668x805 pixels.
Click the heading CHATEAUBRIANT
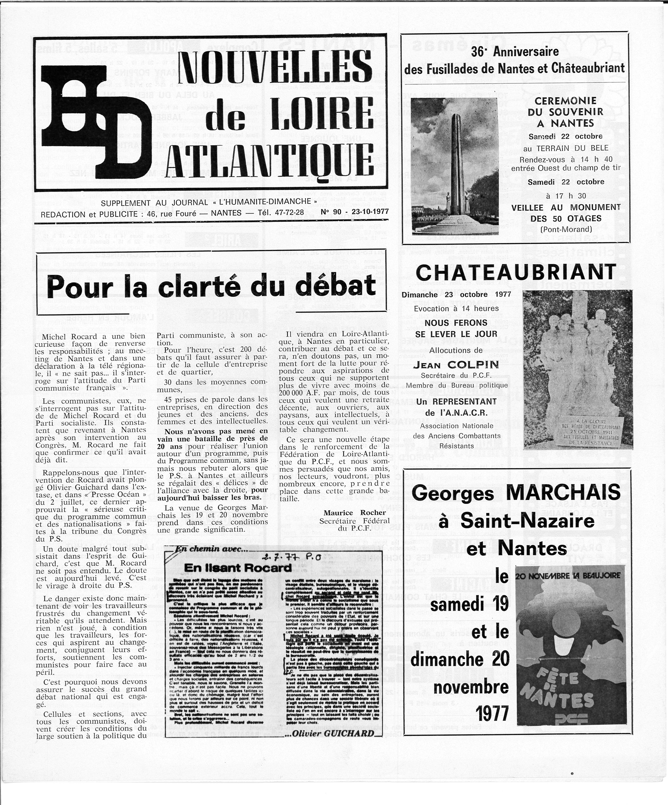516,273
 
